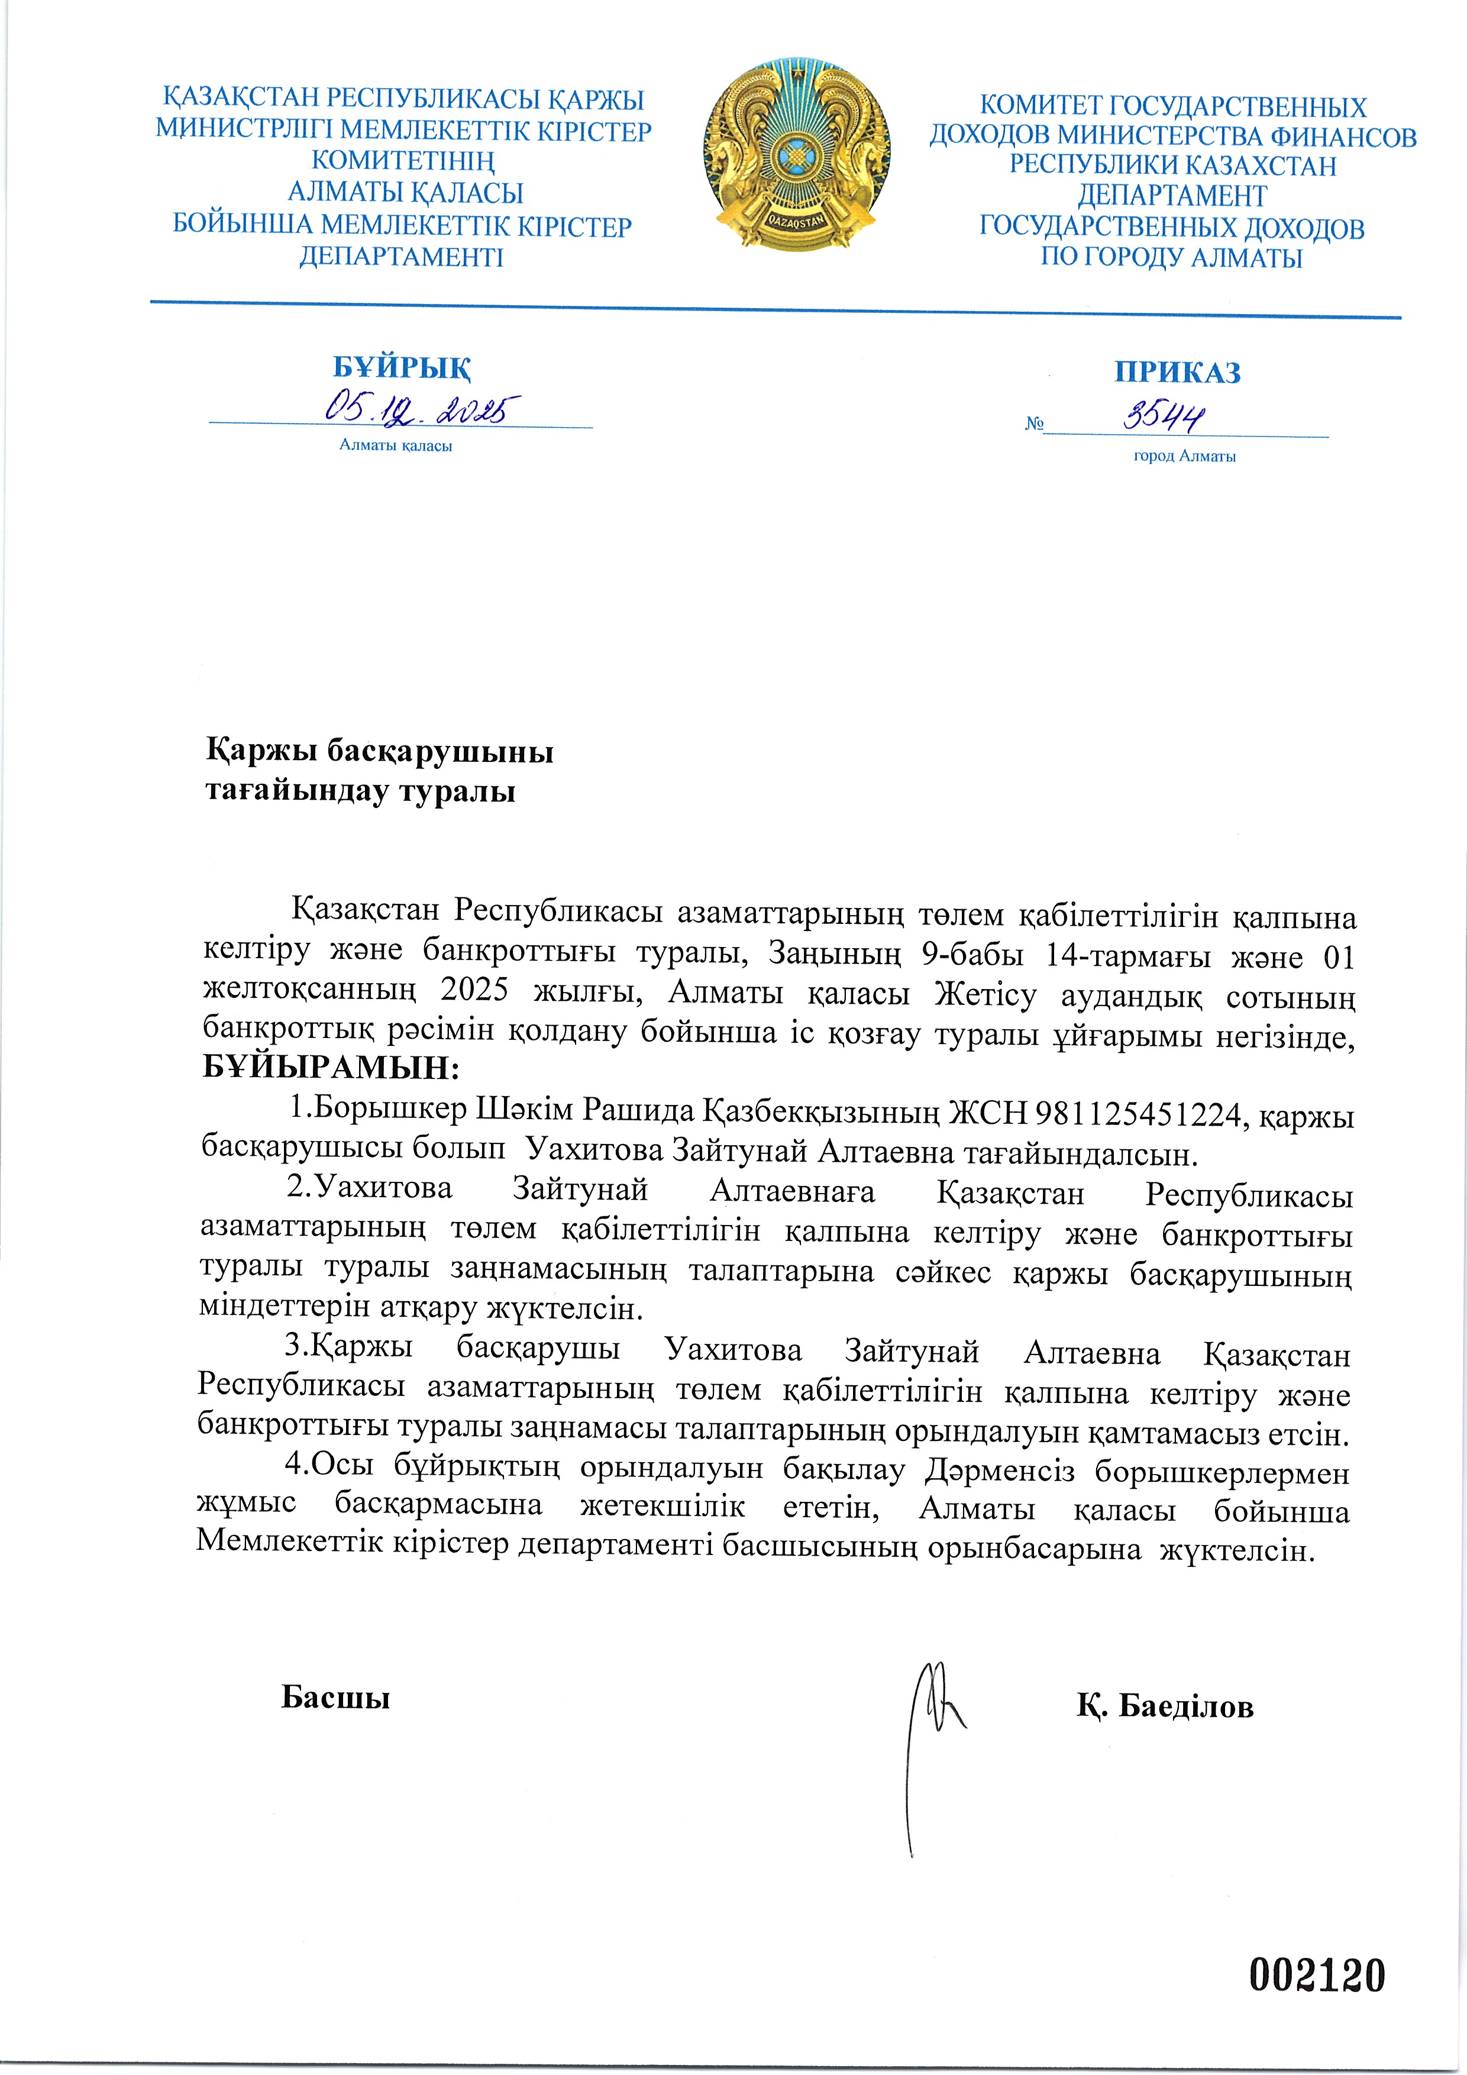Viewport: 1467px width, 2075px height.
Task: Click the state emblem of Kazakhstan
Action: coord(796,156)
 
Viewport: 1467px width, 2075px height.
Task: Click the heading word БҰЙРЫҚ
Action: coord(401,368)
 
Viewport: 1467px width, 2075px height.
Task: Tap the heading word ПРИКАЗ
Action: coord(1177,372)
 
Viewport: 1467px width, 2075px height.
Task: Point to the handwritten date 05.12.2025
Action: coord(421,411)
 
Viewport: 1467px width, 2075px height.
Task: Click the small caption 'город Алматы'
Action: coord(1184,457)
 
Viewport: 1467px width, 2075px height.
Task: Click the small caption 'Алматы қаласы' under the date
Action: coord(396,445)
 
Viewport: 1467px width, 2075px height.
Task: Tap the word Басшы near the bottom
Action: coord(335,1697)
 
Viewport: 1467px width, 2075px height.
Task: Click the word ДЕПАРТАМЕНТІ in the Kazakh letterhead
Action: coord(401,257)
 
